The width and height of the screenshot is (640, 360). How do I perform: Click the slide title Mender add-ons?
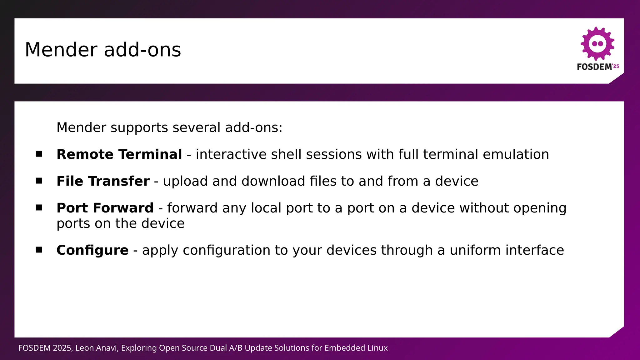pos(103,50)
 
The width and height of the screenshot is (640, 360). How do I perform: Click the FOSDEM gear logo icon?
pos(597,44)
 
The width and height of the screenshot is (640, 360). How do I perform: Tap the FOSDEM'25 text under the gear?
pos(598,67)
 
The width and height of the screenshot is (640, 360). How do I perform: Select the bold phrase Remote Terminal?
pos(119,154)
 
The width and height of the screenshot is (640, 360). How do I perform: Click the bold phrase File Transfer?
pos(103,181)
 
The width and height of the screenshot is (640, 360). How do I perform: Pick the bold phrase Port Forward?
pos(105,208)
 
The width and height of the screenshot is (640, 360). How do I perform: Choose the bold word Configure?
pos(92,250)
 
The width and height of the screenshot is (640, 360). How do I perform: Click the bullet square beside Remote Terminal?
pos(39,154)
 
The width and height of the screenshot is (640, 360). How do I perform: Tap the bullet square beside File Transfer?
pos(39,181)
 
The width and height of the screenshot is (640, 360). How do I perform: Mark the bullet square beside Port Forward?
pos(39,207)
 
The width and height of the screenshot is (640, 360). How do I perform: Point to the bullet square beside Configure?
pos(39,250)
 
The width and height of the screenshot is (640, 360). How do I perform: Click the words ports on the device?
pos(120,223)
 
